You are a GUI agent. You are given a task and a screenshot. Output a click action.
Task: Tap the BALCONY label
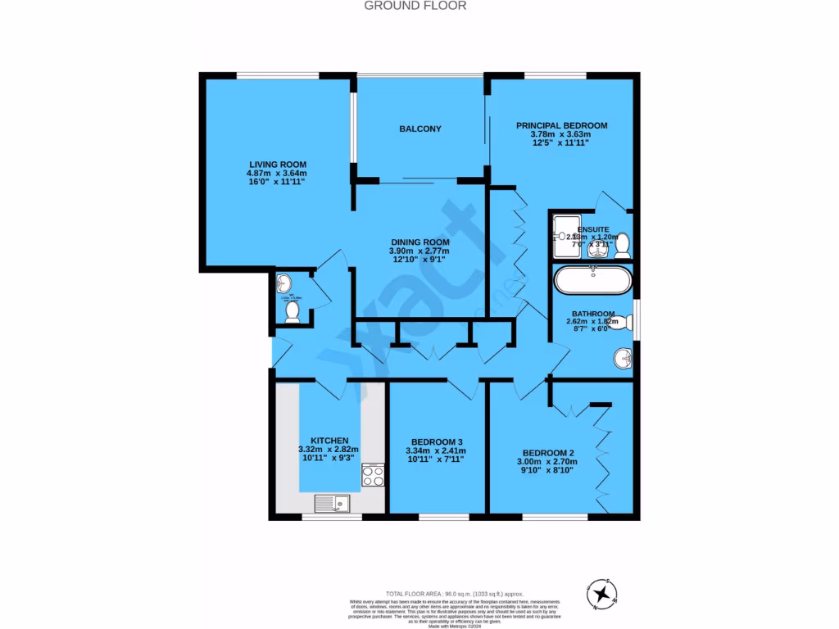(420, 129)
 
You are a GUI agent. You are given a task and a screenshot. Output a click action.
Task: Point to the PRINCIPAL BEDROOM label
(561, 125)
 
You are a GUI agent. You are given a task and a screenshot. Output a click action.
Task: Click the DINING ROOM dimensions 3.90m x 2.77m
(419, 251)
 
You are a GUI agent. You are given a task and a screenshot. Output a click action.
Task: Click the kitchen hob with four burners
(374, 475)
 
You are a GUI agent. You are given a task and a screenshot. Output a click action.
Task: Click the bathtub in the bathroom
(594, 281)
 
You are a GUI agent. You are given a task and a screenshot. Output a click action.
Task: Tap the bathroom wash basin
(623, 358)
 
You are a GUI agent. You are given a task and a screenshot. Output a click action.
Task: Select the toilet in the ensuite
(623, 243)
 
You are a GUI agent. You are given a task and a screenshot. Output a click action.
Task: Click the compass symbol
(603, 593)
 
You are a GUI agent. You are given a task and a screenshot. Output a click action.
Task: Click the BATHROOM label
(593, 314)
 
